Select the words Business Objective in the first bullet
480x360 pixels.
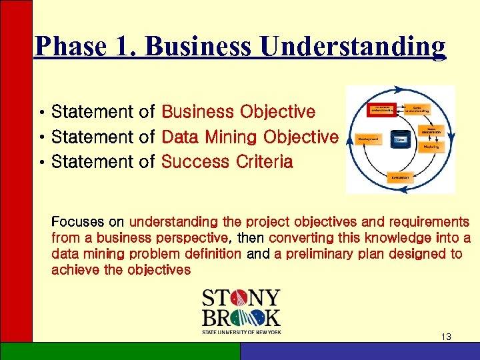pyautogui.click(x=238, y=111)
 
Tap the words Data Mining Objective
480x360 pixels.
pyautogui.click(x=250, y=137)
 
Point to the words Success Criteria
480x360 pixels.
pyautogui.click(x=227, y=162)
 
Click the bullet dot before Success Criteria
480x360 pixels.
pyautogui.click(x=41, y=163)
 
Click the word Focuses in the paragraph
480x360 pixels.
pyautogui.click(x=75, y=221)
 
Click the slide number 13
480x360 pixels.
pyautogui.click(x=446, y=337)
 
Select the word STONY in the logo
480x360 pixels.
pyautogui.click(x=241, y=298)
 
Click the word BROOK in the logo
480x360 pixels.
pyautogui.click(x=241, y=317)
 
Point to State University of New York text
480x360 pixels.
pyautogui.click(x=241, y=331)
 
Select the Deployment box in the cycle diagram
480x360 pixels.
pyautogui.click(x=369, y=139)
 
